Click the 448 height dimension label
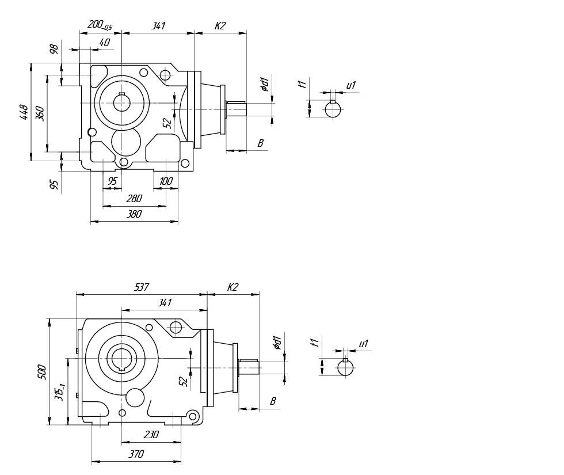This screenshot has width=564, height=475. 24,112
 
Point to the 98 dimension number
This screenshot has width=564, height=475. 55,49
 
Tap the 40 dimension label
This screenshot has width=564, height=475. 105,43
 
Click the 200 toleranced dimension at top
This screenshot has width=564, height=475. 100,25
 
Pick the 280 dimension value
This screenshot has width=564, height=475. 134,199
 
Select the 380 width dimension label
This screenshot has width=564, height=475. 134,214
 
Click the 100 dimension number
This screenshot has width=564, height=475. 166,181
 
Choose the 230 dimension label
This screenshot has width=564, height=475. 151,435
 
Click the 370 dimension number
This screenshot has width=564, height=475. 136,454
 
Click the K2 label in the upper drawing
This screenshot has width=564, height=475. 220,26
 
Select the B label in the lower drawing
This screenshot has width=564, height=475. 273,401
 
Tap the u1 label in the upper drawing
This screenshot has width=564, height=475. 351,85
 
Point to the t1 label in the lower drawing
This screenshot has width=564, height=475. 315,343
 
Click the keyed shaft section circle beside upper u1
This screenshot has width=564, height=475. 333,109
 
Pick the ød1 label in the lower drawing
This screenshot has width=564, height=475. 277,343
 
